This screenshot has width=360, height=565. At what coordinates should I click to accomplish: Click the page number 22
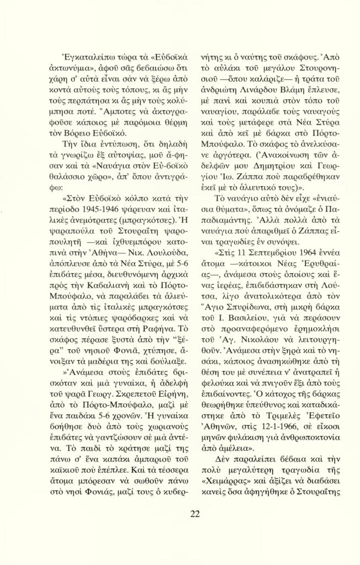[195, 514]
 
